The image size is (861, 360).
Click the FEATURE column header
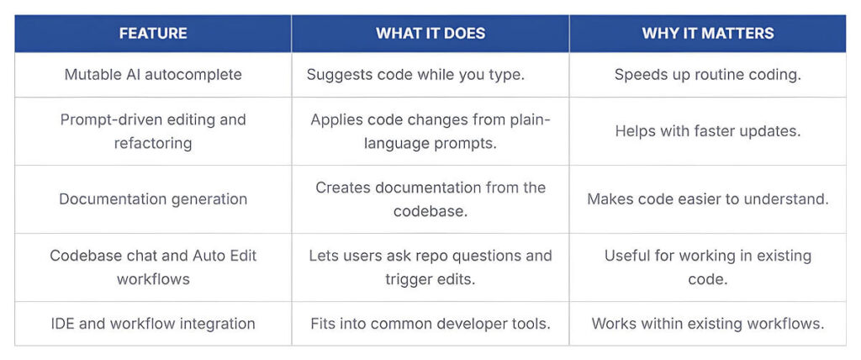click(x=153, y=33)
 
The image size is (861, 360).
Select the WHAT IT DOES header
click(x=430, y=33)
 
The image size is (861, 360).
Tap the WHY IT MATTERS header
click(x=708, y=33)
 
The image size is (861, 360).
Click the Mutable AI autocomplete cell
click(x=153, y=74)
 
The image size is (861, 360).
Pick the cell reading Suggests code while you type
click(x=415, y=74)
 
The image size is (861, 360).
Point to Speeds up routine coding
click(x=708, y=74)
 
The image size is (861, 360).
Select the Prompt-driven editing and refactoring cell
click(x=153, y=131)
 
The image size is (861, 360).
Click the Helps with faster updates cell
click(x=708, y=131)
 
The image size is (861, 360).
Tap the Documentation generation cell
click(x=153, y=199)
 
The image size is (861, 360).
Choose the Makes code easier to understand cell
click(x=708, y=199)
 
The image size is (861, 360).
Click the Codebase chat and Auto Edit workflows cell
click(x=153, y=267)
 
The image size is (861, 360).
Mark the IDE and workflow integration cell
click(x=153, y=324)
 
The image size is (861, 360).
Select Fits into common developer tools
click(x=430, y=324)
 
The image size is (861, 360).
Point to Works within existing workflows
click(x=708, y=324)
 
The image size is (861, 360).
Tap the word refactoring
click(x=153, y=144)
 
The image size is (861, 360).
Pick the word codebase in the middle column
click(x=430, y=211)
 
